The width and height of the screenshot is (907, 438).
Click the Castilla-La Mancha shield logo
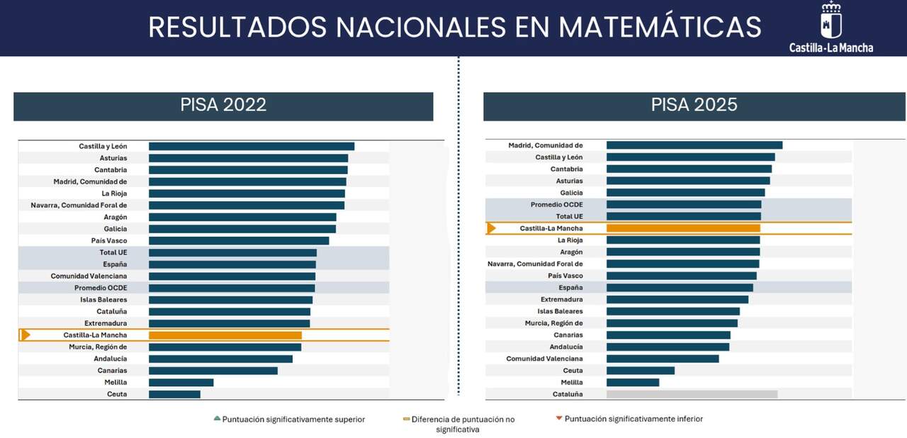pos(831,21)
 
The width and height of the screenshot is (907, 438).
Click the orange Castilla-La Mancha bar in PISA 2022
pos(225,335)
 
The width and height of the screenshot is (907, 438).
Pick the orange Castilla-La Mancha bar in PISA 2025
pos(684,228)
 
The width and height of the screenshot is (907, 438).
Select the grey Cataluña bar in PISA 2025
pos(692,394)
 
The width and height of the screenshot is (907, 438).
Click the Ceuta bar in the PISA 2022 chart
pos(174,394)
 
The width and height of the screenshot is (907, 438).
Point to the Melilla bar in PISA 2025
pos(633,383)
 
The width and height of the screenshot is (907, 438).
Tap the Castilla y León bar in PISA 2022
pos(252,146)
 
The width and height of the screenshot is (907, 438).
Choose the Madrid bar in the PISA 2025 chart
pos(694,145)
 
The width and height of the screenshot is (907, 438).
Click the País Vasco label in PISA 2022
pos(109,241)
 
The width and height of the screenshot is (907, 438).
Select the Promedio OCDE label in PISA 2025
pos(557,205)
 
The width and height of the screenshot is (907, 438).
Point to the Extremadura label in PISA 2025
pos(562,300)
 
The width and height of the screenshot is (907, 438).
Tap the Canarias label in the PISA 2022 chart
pos(112,371)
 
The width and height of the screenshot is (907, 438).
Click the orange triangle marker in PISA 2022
pos(26,335)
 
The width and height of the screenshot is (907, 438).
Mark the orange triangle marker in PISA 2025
pos(491,228)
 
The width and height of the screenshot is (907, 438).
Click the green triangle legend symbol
pos(217,418)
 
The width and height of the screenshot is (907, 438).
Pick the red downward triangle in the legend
pos(559,418)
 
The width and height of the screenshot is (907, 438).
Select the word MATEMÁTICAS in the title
pos(660,27)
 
